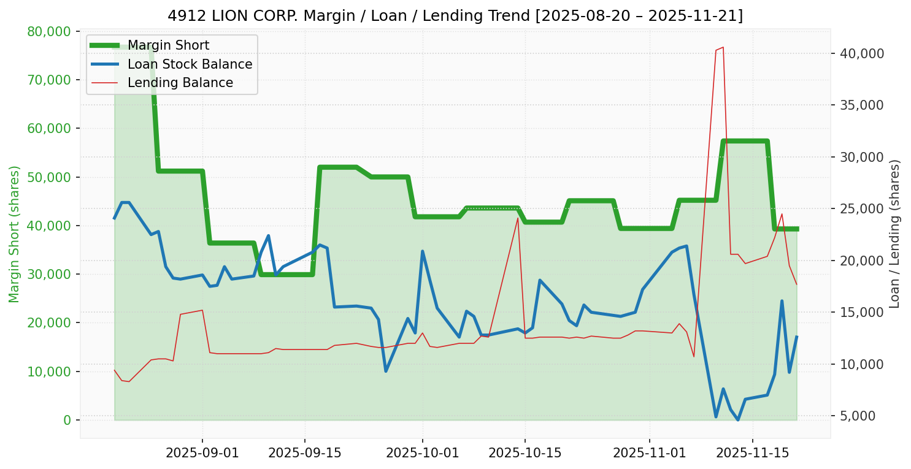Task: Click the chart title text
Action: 455,15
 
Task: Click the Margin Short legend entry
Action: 168,45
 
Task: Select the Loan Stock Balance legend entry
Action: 190,64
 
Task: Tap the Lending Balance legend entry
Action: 180,82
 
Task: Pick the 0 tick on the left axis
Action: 67,420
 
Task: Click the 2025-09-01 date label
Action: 202,454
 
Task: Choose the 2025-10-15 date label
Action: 525,454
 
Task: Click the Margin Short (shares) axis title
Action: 15,234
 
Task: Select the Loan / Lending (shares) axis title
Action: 894,234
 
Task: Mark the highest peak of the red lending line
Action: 723,47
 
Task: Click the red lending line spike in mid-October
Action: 518,218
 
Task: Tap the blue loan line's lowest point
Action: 738,420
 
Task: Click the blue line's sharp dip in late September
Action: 386,371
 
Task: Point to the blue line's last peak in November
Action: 782,301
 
